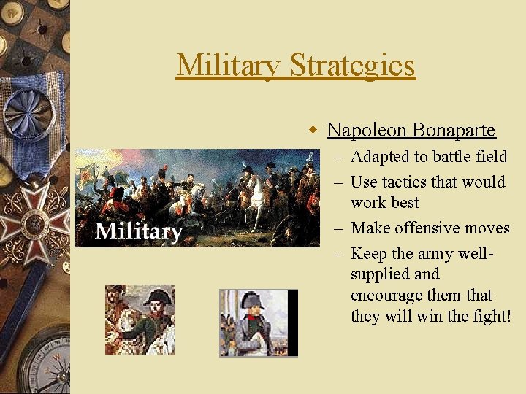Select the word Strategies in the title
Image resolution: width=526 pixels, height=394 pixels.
[x=353, y=65]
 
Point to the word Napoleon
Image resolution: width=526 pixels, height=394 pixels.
[x=367, y=130]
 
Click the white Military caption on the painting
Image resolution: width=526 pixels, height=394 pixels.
[x=139, y=231]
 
